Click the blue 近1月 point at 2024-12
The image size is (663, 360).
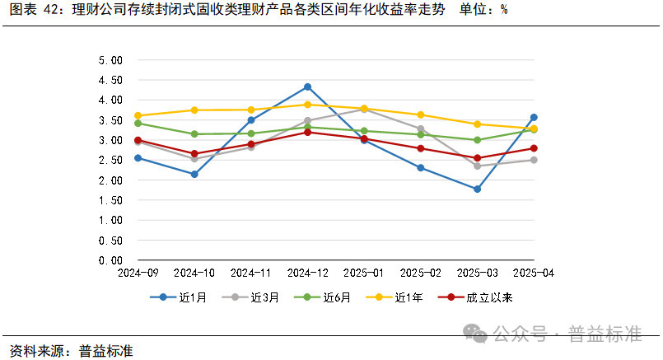(307, 86)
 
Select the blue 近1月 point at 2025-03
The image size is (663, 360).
(477, 189)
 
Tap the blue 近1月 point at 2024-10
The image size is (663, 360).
(194, 174)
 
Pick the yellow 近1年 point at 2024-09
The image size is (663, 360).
(138, 115)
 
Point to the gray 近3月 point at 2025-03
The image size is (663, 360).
(477, 166)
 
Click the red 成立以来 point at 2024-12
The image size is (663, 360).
(307, 132)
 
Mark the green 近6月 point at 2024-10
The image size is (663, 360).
(194, 133)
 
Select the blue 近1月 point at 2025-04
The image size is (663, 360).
(534, 117)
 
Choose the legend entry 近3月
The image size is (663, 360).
(247, 297)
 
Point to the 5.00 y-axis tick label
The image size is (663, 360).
(110, 60)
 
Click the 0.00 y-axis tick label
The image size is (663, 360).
(110, 260)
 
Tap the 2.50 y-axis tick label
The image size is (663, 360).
(110, 160)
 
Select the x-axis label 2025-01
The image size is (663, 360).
(364, 273)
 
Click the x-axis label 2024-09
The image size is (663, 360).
(138, 273)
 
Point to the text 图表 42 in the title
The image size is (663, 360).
(35, 12)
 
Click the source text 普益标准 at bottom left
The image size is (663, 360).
(106, 350)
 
